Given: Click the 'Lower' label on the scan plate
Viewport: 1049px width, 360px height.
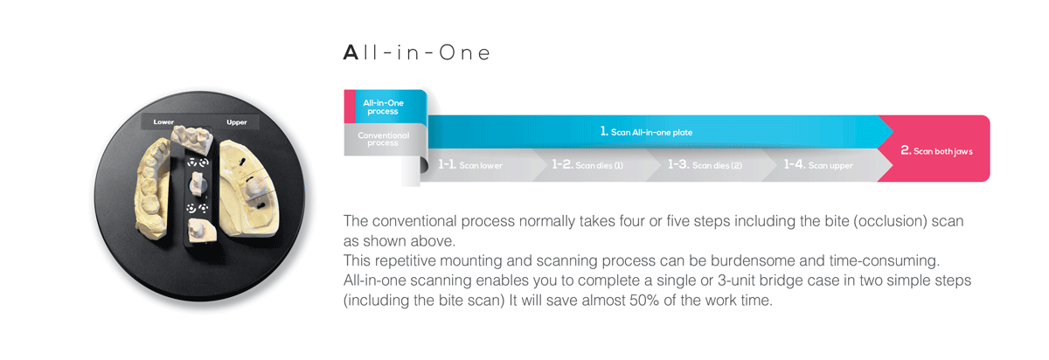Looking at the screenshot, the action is click(x=163, y=122).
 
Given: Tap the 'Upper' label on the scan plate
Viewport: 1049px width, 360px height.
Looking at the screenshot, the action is click(x=237, y=122).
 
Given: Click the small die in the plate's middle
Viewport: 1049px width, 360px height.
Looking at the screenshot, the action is click(x=198, y=183).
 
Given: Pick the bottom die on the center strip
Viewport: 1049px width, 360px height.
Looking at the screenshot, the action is click(x=201, y=231).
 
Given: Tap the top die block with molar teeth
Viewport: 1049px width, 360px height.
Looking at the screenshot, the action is click(x=192, y=139).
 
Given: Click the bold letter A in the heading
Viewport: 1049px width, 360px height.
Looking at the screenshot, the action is click(x=351, y=52).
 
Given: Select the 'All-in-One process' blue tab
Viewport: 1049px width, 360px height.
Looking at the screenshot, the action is click(x=383, y=107).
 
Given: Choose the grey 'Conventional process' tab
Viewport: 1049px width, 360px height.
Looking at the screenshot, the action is click(x=383, y=139).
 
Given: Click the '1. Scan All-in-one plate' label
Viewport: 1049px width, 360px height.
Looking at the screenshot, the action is click(x=646, y=132).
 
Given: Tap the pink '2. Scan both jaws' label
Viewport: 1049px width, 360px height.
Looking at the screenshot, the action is click(x=936, y=151).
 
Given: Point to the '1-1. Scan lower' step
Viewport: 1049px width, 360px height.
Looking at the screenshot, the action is click(x=470, y=165).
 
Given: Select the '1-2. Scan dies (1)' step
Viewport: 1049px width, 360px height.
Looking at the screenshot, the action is click(x=587, y=165).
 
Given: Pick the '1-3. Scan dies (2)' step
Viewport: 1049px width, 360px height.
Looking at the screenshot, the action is click(x=705, y=165).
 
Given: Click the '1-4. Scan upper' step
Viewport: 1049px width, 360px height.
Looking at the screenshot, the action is click(x=818, y=165).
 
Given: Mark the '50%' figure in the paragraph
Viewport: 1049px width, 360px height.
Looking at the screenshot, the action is click(x=644, y=300).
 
